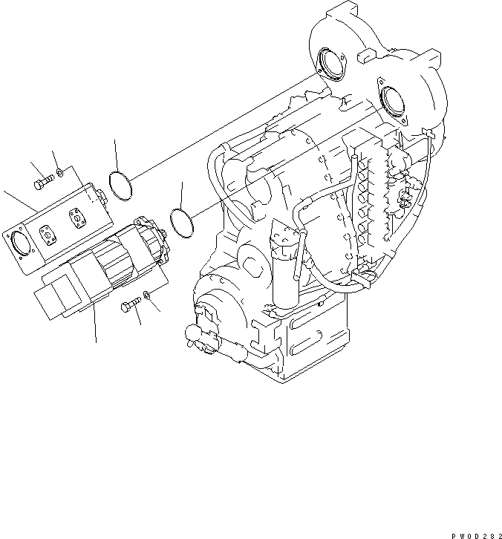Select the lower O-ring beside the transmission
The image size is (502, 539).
[x=180, y=221]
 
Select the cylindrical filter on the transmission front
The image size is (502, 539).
[x=284, y=267]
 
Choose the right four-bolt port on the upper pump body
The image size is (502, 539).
[x=76, y=218]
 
